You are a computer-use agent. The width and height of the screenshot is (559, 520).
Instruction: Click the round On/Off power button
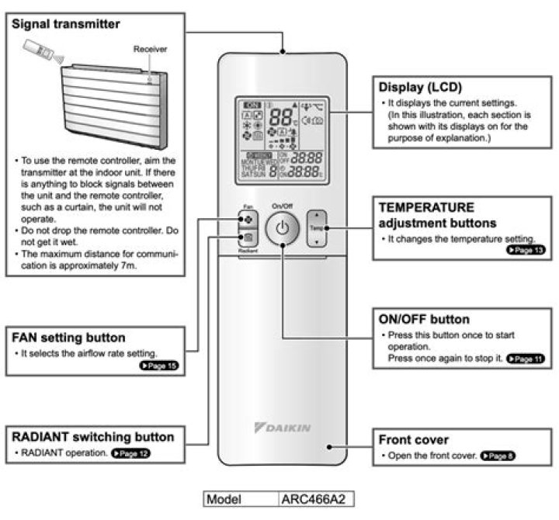click(281, 230)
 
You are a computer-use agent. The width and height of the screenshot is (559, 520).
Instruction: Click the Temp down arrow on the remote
click(317, 241)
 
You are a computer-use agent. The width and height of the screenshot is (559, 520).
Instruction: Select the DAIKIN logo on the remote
click(282, 428)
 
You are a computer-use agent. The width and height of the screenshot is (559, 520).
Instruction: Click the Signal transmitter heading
click(66, 24)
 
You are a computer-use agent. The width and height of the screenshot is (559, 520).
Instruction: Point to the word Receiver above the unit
click(148, 48)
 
